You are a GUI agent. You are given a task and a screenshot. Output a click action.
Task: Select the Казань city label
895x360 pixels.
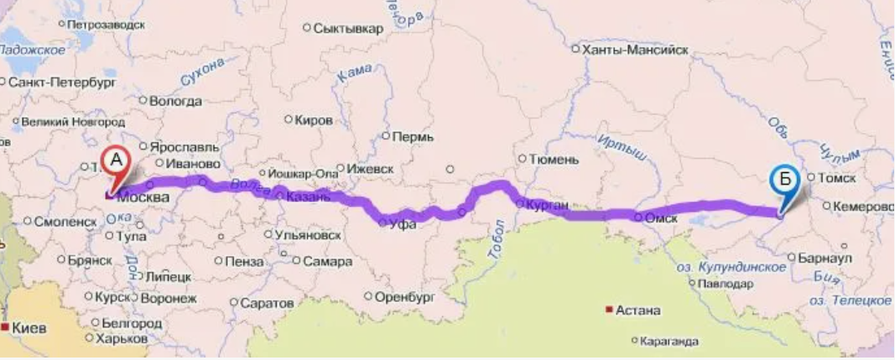coord(308,197)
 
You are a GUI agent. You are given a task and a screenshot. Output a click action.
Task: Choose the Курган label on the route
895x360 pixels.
coord(547,204)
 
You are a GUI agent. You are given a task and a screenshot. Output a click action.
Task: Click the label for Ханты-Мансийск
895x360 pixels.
coord(636,50)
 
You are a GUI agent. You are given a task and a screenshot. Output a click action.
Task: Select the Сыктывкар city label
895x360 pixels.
coord(348,28)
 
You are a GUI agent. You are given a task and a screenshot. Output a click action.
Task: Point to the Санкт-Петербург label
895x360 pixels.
coord(61,82)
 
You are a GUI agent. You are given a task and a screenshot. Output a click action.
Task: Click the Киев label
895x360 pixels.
coord(28,328)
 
